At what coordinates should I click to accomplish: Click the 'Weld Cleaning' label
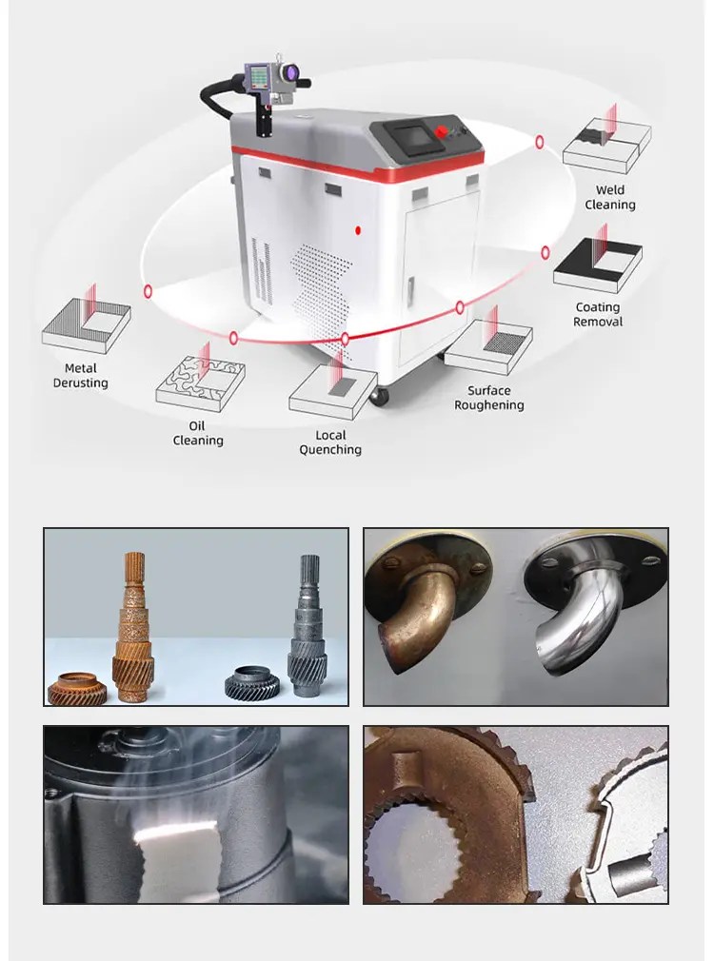point(610,197)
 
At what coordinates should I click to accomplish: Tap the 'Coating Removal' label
point(598,314)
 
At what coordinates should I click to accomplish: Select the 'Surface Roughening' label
point(489,398)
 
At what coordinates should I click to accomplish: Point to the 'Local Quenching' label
point(330,442)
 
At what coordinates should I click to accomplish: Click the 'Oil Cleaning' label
point(198,433)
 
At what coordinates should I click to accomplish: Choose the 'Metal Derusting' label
point(81,376)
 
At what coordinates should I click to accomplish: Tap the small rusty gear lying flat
point(78,687)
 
